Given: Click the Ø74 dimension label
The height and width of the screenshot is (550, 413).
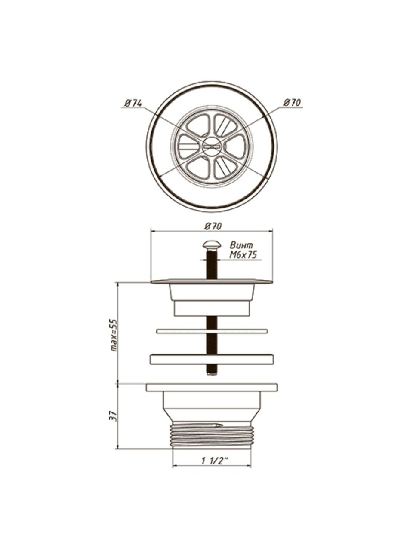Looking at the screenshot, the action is (133, 103).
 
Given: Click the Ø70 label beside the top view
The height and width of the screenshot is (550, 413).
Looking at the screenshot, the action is (292, 103).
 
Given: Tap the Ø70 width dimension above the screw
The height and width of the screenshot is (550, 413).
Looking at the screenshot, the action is (213, 226).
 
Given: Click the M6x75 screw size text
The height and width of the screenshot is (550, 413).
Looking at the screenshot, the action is (243, 255).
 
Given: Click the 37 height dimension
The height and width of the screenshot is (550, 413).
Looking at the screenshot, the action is (114, 416).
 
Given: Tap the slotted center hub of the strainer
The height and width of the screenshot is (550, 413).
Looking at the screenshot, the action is (212, 147).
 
